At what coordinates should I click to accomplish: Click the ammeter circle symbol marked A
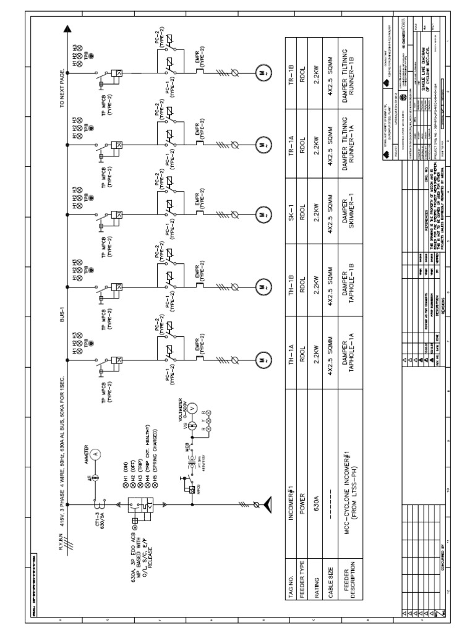[95, 453]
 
